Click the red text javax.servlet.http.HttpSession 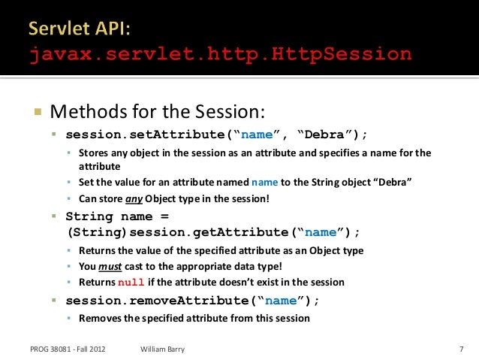pos(221,54)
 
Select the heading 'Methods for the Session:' pos(158,113)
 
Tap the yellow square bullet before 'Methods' pos(36,113)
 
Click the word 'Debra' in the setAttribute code pos(330,135)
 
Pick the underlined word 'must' pos(110,266)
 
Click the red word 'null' pos(128,283)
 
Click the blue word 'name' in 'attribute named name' pos(264,183)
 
